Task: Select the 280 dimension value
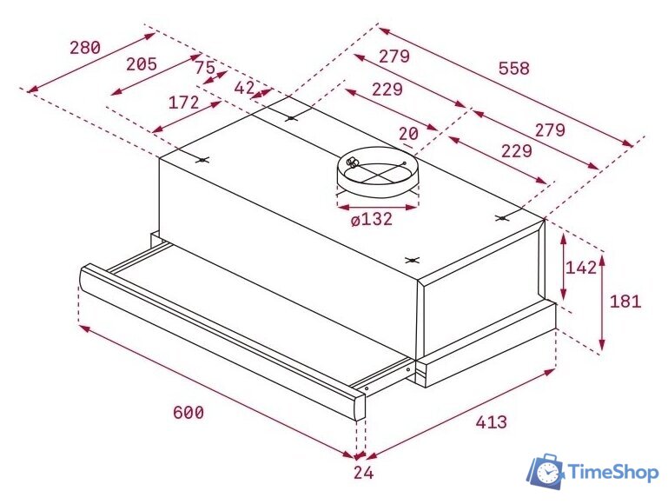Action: [84, 48]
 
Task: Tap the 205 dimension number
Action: [141, 63]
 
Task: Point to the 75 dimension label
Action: [205, 67]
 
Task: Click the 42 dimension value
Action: [244, 87]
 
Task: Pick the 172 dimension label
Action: [183, 103]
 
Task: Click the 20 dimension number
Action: [408, 133]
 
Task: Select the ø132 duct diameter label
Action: [372, 219]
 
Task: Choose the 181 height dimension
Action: [625, 302]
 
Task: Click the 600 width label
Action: [188, 413]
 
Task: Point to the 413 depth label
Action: [491, 422]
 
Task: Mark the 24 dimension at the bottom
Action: [363, 473]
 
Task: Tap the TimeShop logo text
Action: [612, 472]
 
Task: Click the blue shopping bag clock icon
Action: [548, 470]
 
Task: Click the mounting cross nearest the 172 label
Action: [202, 160]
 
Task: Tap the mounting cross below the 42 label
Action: [291, 118]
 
